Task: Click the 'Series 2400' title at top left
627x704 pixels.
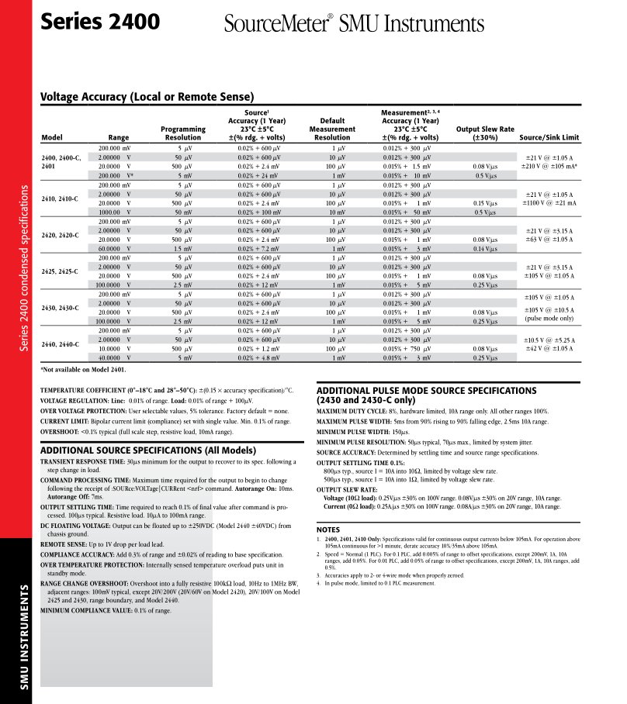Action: (101, 21)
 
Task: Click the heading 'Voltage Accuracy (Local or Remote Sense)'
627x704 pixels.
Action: (147, 97)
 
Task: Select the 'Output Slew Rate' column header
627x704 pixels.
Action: (485, 133)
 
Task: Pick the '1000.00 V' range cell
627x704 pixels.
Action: (115, 212)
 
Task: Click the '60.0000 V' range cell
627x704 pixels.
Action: (115, 249)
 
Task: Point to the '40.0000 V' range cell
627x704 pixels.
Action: (115, 358)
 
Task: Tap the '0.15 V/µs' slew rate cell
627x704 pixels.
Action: (485, 203)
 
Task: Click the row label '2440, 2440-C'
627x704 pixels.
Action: (60, 344)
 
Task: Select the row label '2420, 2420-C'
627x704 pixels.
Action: (60, 235)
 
